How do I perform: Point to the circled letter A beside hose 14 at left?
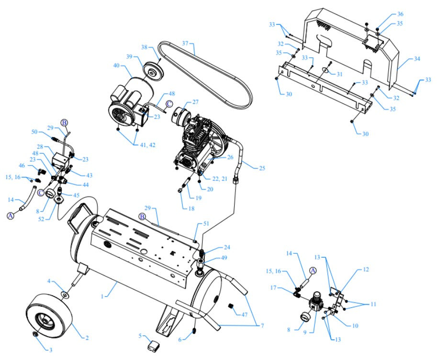tap(10, 216)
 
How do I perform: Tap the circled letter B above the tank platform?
tap(142, 216)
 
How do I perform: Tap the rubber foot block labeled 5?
tap(155, 346)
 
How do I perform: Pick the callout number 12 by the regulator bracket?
tap(366, 270)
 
